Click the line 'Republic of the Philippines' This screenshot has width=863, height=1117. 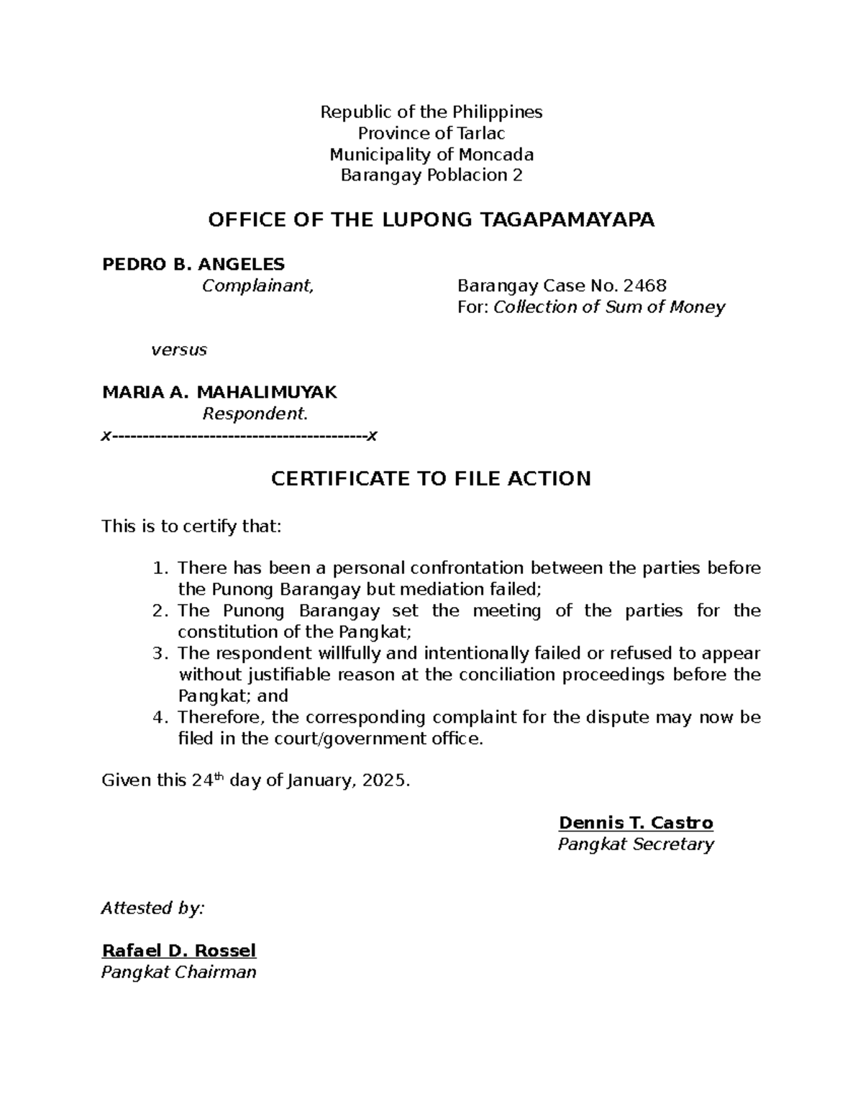click(431, 112)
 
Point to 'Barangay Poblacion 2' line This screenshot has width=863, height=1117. click(431, 175)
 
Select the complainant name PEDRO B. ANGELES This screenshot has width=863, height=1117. click(193, 264)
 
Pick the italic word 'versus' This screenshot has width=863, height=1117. click(178, 350)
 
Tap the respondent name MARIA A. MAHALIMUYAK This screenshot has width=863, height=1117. click(219, 393)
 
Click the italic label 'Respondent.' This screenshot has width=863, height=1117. click(255, 414)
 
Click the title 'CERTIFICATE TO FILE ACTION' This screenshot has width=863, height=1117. click(431, 479)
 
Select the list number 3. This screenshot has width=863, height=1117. click(160, 654)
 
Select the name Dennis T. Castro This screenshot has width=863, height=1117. click(636, 824)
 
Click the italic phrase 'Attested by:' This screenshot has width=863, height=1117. click(152, 908)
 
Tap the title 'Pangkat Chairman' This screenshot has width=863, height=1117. click(178, 972)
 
